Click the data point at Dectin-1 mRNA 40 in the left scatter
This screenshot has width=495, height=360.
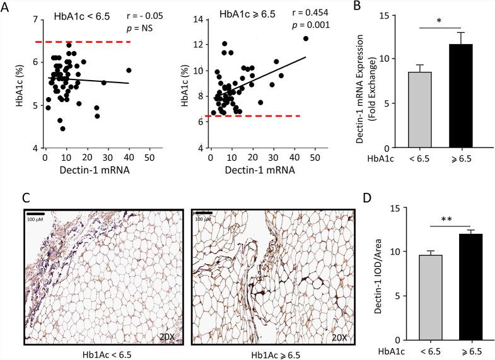pos(129,70)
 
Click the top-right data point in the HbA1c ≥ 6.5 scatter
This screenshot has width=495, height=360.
pos(306,38)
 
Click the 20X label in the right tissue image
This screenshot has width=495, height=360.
pos(339,337)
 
